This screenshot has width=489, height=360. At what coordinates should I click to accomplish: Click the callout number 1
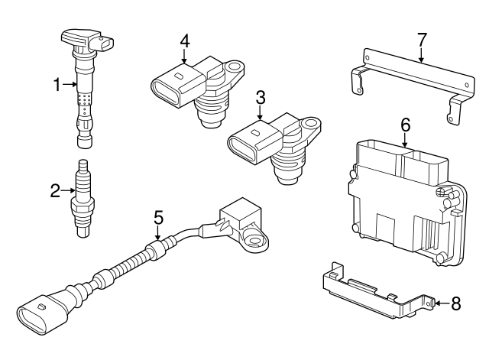pos(57,86)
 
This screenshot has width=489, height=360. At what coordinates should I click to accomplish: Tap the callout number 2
pos(55,191)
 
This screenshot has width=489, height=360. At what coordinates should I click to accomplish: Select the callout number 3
pos(261,97)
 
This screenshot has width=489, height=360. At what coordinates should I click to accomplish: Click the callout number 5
pos(158,217)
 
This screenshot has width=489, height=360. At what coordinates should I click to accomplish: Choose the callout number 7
pos(421,38)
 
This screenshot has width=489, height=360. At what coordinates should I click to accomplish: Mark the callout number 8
pos(456,303)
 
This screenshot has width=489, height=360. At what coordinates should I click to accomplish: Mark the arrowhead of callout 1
pos(75,86)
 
